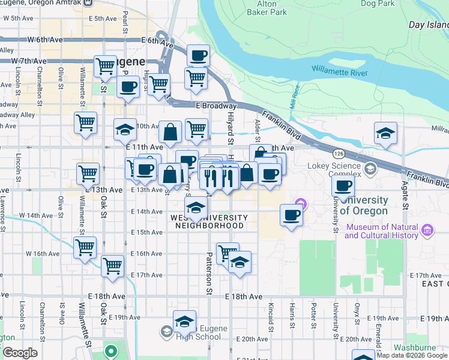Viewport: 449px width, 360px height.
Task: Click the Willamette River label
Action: point(339,73)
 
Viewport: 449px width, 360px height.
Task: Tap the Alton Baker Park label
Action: point(262,8)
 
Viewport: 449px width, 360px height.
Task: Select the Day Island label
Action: point(428,25)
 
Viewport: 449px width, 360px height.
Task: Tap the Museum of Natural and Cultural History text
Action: point(382,232)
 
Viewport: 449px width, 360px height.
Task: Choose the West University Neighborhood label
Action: point(209,221)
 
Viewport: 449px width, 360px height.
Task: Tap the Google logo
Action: point(19,353)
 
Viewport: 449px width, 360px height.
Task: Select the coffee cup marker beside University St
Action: point(343,187)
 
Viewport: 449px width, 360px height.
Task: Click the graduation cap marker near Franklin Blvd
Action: point(385,134)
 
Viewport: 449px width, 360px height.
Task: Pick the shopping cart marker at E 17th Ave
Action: point(113,267)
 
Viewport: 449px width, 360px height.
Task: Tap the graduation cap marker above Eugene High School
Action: point(185,321)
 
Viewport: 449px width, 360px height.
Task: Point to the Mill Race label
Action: point(295,100)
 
